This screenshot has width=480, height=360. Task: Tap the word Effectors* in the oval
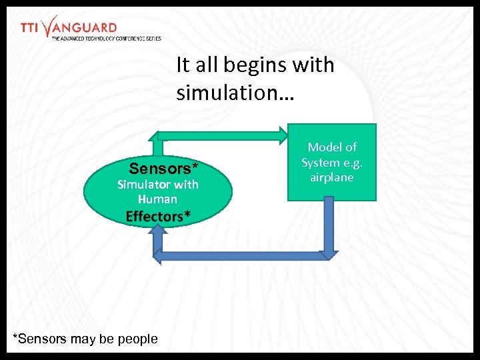coord(158,216)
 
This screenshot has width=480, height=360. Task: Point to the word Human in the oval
coord(157,199)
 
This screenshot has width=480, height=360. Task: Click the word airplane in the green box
coord(331,177)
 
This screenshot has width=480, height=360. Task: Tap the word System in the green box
coord(321,163)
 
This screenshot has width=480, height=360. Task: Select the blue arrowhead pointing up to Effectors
coord(158,231)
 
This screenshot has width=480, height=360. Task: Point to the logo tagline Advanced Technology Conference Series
coord(106,39)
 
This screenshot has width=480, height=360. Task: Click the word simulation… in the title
coord(233,93)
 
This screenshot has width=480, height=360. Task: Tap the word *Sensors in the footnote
coord(40,339)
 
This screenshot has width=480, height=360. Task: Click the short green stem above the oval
coord(159,147)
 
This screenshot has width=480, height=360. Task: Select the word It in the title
coord(183,65)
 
